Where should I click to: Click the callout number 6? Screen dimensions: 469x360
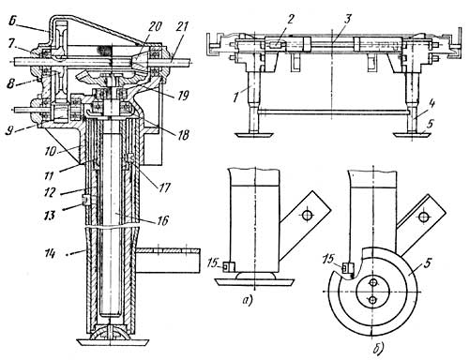[x=13, y=22]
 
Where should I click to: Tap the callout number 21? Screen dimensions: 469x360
[x=182, y=27]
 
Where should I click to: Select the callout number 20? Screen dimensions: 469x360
[x=155, y=27]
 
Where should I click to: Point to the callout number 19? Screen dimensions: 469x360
[x=183, y=96]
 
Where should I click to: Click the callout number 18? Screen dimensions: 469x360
[x=183, y=135]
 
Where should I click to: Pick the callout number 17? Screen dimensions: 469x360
[x=163, y=187]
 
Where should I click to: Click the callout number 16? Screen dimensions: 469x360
[x=162, y=220]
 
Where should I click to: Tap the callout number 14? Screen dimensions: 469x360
[x=50, y=253]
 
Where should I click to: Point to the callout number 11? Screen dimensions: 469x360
[x=49, y=175]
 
